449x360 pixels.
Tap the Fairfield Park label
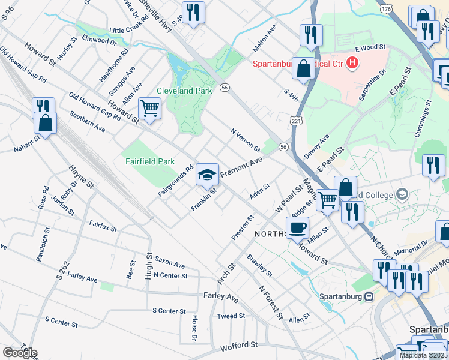(149, 161)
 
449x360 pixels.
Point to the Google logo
(19, 353)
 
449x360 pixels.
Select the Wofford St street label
(239, 346)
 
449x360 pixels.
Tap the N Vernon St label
(245, 140)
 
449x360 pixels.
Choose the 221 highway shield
(297, 122)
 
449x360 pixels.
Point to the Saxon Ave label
(170, 265)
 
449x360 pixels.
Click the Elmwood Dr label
(100, 41)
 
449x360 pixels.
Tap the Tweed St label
(231, 316)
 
